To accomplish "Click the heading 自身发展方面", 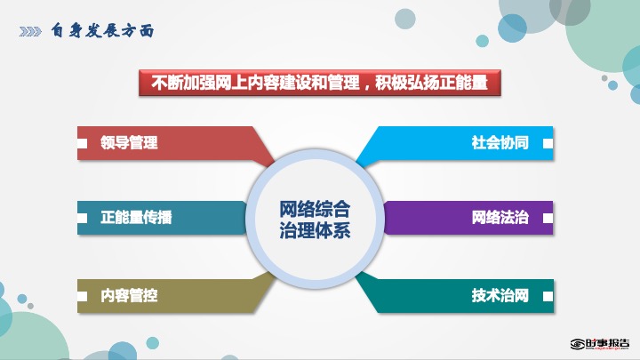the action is pos(102,30).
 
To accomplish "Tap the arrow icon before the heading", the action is pos(30,31).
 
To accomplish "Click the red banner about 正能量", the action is pos(320,83).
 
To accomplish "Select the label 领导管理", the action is pos(129,143).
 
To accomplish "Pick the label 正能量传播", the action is pos(136,217).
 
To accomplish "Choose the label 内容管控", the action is pos(129,295).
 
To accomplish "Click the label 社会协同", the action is pos(500,143).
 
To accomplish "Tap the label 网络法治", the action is pos(500,217).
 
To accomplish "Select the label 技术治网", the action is pos(500,295).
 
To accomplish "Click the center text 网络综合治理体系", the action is pos(315,220).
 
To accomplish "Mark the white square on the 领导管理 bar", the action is pos(82,143).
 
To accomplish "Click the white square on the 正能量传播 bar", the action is pos(82,218).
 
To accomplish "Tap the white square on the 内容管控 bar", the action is pos(82,296).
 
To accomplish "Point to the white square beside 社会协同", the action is pos(548,143).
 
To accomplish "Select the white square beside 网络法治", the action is pos(548,218).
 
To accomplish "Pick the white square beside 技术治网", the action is pos(548,296).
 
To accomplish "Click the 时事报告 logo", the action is pos(600,344).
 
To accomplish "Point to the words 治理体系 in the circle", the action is pos(315,230).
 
